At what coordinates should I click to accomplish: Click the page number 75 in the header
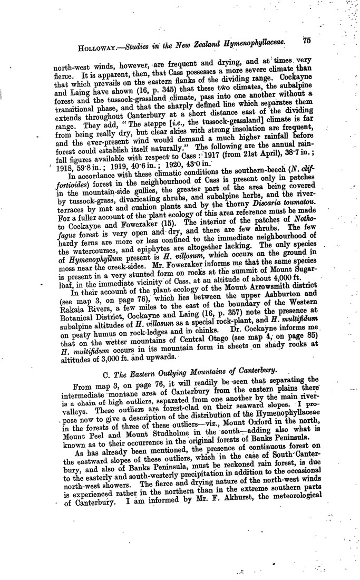click(x=308, y=40)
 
